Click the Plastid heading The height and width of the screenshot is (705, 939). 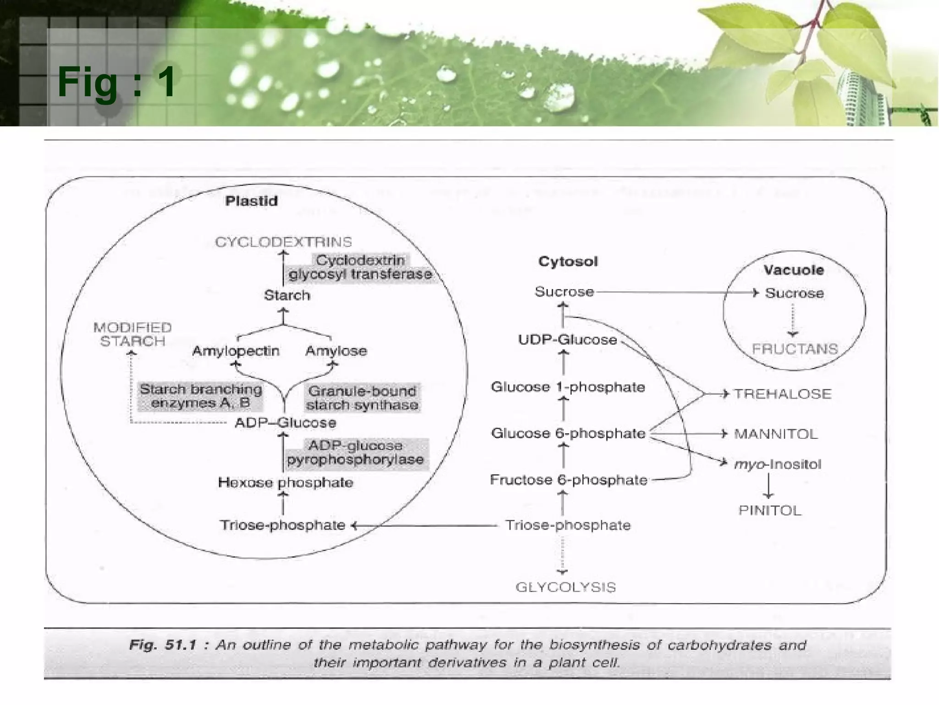[x=251, y=201]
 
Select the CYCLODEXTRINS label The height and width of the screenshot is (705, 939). [x=283, y=242]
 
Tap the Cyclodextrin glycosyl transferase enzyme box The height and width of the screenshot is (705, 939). [x=360, y=268]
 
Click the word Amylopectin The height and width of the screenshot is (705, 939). [x=236, y=351]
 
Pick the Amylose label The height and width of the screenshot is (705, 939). [x=336, y=351]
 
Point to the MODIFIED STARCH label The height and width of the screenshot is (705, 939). [x=133, y=335]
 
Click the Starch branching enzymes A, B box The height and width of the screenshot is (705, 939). [x=201, y=396]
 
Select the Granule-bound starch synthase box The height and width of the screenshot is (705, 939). [x=362, y=398]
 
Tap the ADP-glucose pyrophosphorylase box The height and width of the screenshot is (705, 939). [x=356, y=453]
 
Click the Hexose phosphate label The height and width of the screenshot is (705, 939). [x=285, y=482]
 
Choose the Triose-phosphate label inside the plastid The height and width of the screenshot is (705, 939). [x=282, y=525]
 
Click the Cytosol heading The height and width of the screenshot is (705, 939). [x=568, y=262]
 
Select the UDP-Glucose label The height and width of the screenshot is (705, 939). [x=567, y=340]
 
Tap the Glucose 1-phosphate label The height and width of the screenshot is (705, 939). [x=568, y=387]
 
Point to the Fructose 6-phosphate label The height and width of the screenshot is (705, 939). [x=569, y=480]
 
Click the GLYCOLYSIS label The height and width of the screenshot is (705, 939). [x=565, y=587]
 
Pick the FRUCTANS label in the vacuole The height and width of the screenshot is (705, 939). [x=795, y=349]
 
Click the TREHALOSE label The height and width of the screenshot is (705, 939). [x=782, y=394]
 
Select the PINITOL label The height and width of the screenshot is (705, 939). [x=770, y=510]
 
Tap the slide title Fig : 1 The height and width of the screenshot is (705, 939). [x=116, y=82]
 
